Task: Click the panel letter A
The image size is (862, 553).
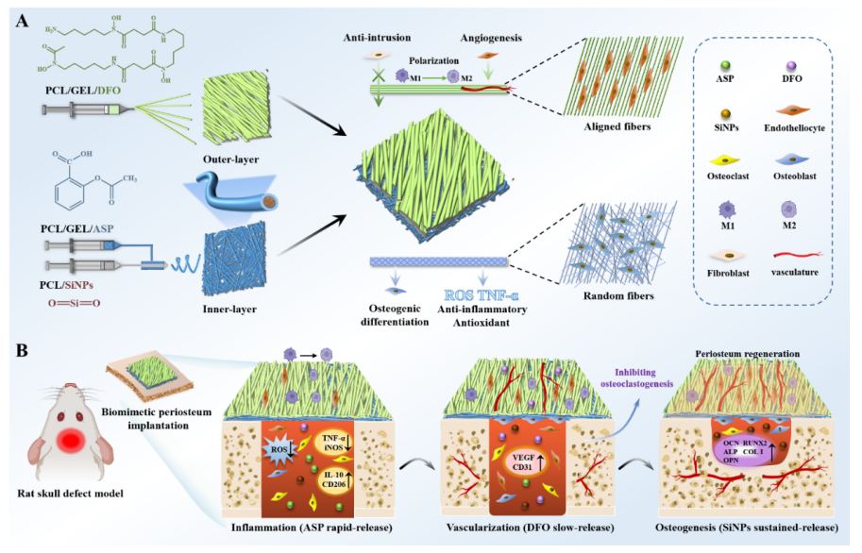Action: coord(21,20)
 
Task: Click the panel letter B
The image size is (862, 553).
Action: coord(21,352)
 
